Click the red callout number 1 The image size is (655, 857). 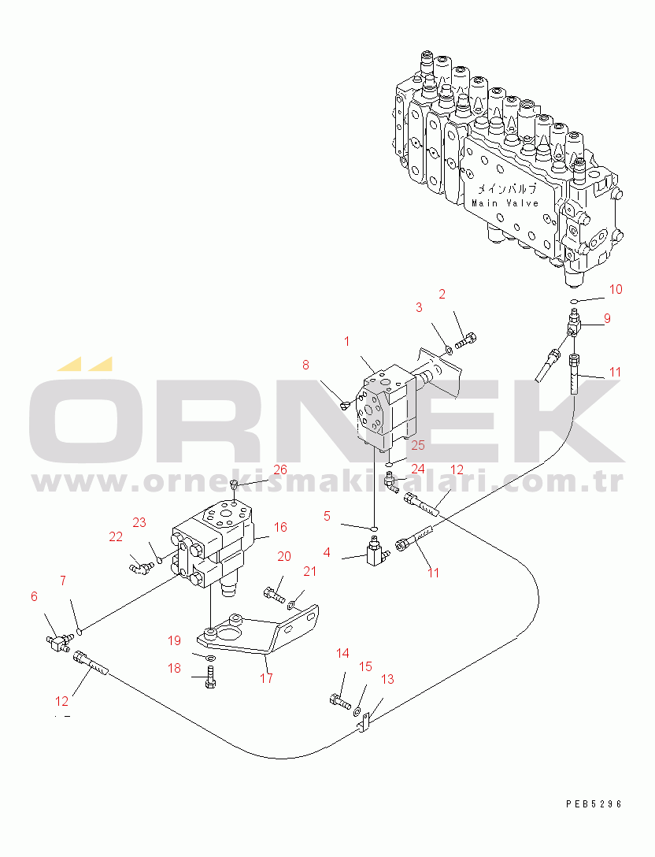tap(346, 342)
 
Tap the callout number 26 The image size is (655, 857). tap(280, 469)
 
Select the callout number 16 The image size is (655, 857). tap(280, 527)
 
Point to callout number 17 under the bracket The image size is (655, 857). tap(266, 678)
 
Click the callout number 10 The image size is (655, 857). tap(616, 289)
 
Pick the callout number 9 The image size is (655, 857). tap(607, 318)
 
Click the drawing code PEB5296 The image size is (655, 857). tap(594, 804)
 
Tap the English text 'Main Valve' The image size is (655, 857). tap(505, 203)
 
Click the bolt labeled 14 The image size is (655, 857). tap(340, 702)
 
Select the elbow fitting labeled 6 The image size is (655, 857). tap(58, 640)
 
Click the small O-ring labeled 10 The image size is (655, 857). tap(573, 300)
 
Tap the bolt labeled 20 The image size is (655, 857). tap(274, 594)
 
